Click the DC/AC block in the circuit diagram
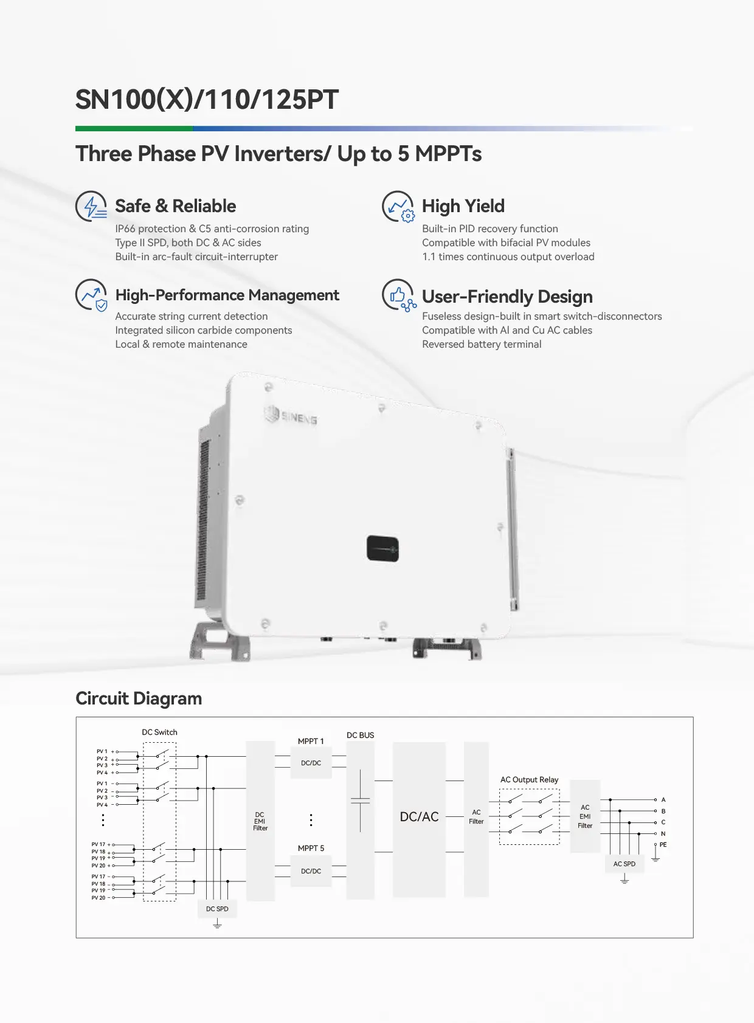click(419, 818)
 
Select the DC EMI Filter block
click(260, 821)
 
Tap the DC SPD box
click(217, 909)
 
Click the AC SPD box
click(624, 864)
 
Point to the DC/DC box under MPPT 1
click(311, 763)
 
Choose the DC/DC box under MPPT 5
click(311, 872)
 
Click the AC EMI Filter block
click(585, 816)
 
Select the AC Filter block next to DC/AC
click(476, 818)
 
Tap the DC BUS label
click(360, 735)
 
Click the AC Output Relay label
click(529, 780)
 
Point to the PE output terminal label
click(663, 845)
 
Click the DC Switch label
click(159, 732)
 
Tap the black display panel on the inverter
click(382, 548)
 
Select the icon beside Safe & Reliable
click(92, 207)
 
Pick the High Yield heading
click(463, 207)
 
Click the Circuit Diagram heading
click(139, 699)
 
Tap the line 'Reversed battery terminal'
click(482, 345)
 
